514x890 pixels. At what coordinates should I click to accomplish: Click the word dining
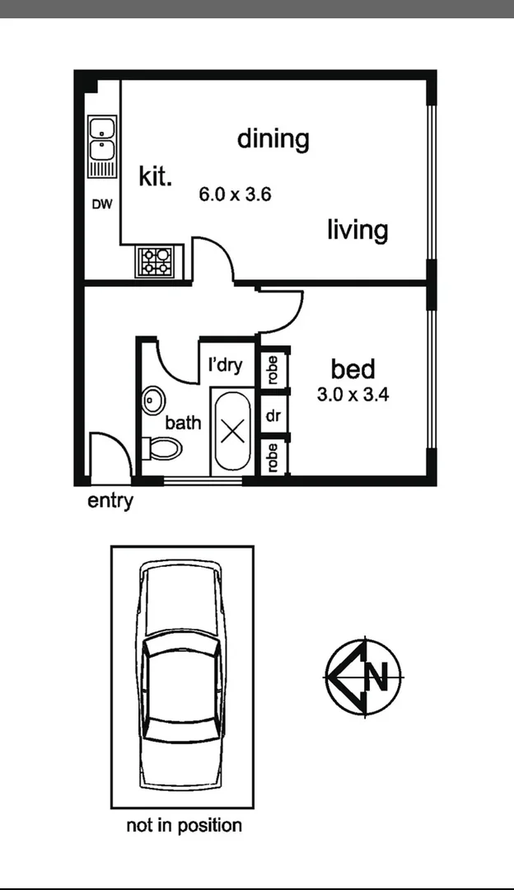(x=273, y=138)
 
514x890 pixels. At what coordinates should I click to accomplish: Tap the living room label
(x=357, y=229)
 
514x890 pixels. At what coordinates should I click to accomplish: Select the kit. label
(x=155, y=176)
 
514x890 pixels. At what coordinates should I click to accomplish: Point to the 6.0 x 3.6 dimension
(x=236, y=195)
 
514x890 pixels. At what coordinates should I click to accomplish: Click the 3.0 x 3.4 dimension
(x=353, y=395)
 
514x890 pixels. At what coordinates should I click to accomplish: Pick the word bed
(x=353, y=369)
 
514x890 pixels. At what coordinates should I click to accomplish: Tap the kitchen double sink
(x=102, y=140)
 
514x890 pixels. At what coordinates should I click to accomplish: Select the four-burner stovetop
(x=157, y=262)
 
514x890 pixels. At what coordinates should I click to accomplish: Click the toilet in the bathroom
(x=162, y=449)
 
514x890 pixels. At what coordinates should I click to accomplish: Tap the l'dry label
(x=225, y=364)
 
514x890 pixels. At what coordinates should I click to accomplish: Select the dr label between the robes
(x=273, y=416)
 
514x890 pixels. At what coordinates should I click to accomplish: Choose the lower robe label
(x=273, y=457)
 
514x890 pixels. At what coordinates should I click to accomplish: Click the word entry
(x=110, y=501)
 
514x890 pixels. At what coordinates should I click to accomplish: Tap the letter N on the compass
(x=377, y=677)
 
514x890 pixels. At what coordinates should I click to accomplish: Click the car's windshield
(x=182, y=652)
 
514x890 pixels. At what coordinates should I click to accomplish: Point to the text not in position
(x=184, y=825)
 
